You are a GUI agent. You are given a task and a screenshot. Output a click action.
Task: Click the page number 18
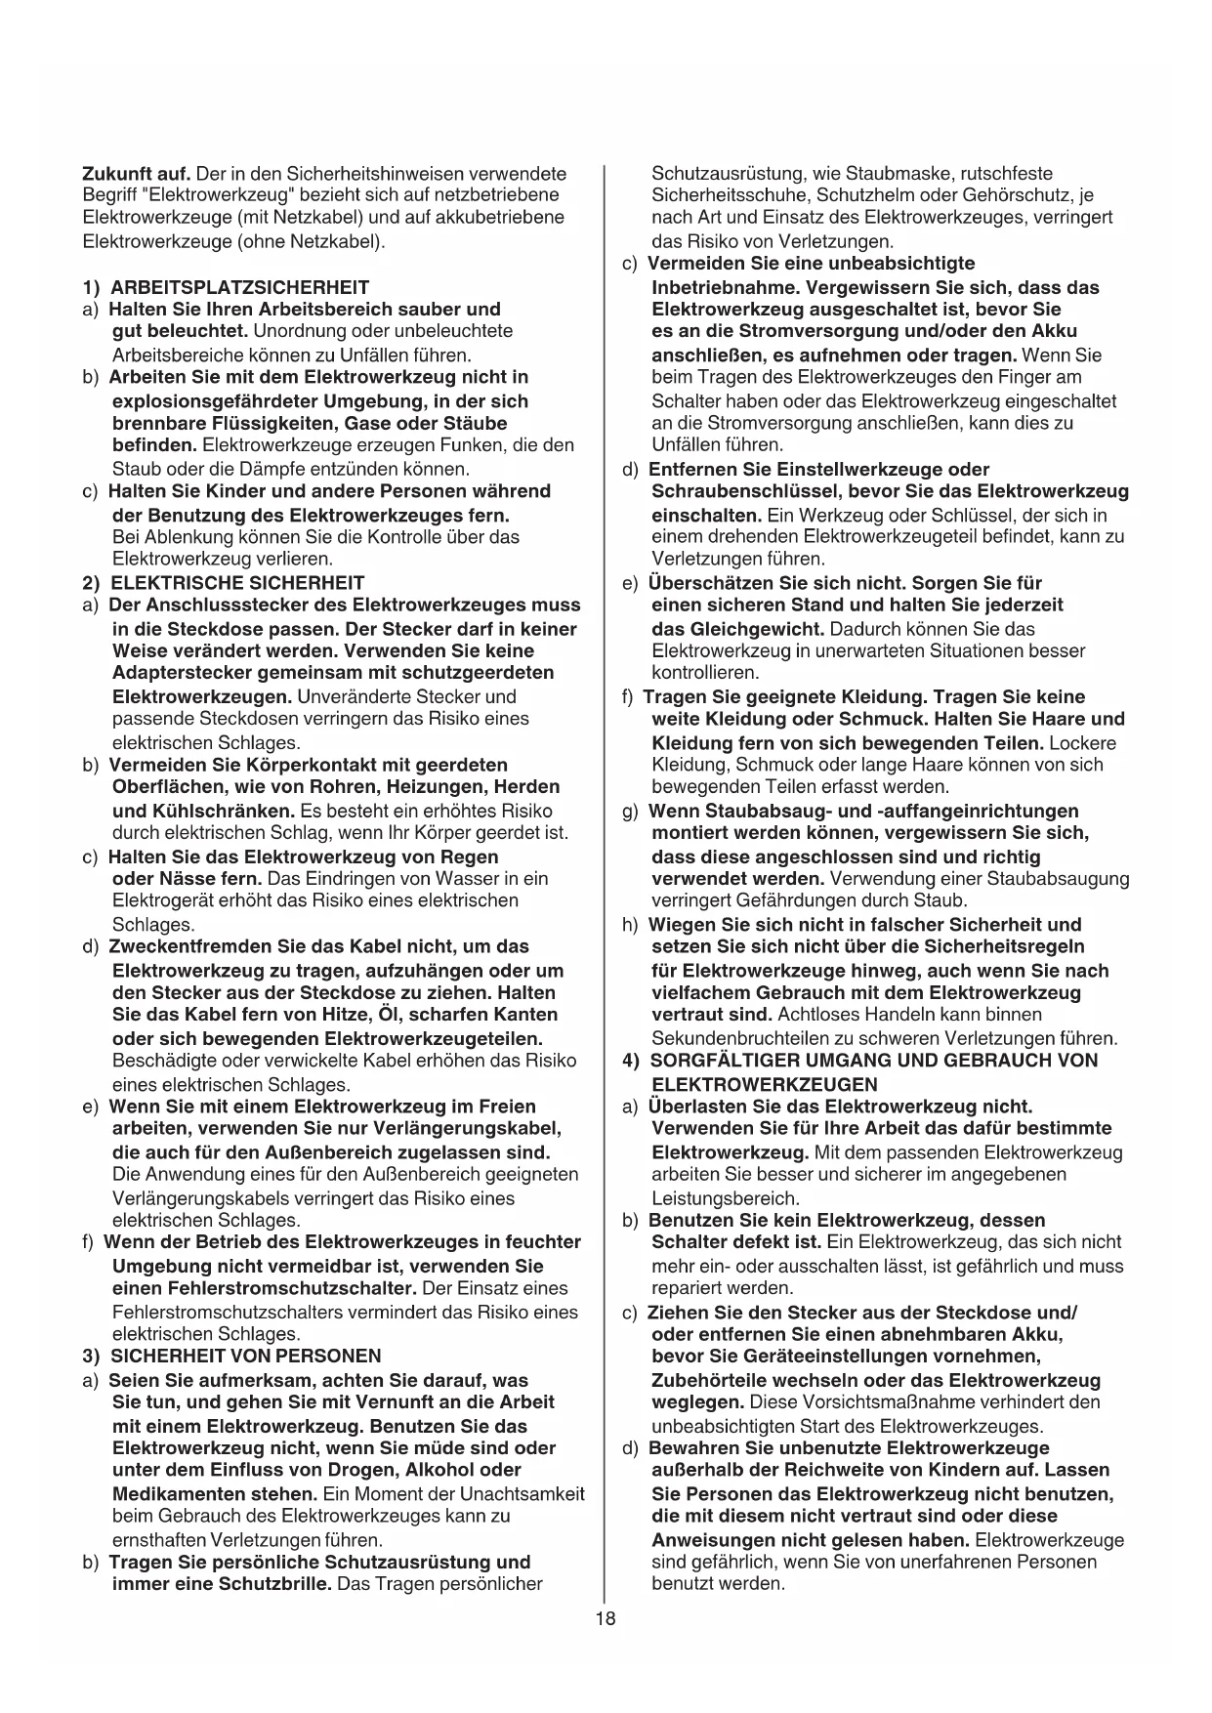(x=606, y=1618)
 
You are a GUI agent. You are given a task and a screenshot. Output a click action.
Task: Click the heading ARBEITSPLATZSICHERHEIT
(x=239, y=287)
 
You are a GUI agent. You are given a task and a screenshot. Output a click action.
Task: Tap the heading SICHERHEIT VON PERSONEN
(x=245, y=1356)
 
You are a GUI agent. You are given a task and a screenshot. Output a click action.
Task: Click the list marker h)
(x=630, y=925)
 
